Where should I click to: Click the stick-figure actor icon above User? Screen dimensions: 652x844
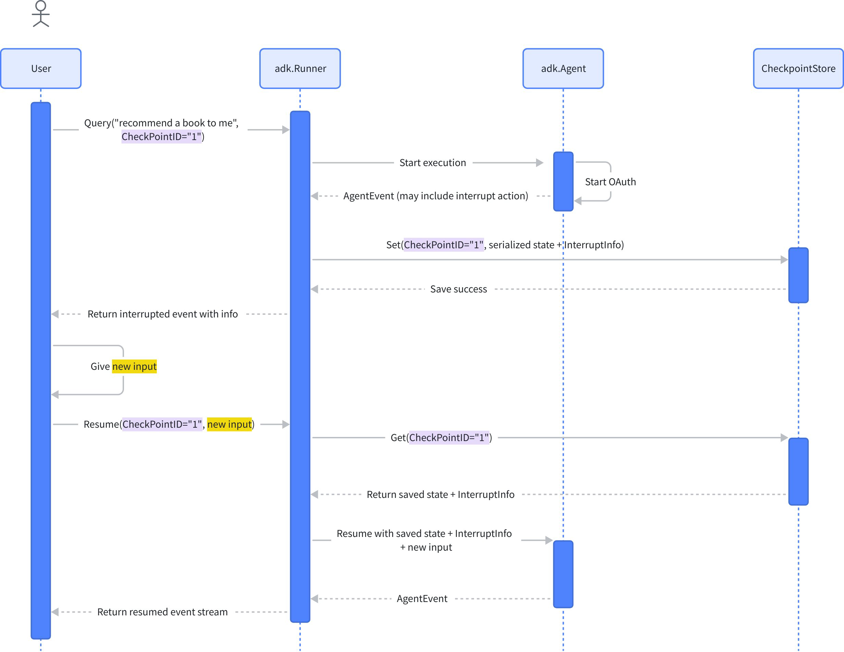coord(40,14)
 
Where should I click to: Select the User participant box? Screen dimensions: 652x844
coord(41,68)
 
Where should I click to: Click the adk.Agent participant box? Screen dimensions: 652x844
coord(563,68)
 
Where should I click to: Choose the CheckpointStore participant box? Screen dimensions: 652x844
coord(798,68)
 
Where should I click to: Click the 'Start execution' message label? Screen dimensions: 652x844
coord(432,163)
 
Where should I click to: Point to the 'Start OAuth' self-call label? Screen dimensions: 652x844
coord(610,182)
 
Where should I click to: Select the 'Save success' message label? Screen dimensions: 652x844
coord(458,289)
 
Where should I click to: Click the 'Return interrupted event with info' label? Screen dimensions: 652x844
coord(162,314)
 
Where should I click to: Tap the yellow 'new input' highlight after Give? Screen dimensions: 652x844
coord(134,366)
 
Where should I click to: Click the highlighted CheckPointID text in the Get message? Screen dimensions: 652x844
coord(449,438)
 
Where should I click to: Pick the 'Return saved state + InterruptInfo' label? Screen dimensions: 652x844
coord(440,494)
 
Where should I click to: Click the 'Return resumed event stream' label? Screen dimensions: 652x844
coord(162,612)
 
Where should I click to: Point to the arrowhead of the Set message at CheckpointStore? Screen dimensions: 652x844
coord(784,260)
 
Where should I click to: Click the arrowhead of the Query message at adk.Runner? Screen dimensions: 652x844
coord(286,130)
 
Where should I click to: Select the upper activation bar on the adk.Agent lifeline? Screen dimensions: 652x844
coord(563,181)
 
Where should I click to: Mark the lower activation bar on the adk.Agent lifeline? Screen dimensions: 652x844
coord(563,574)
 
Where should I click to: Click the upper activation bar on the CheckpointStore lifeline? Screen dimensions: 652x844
coord(798,275)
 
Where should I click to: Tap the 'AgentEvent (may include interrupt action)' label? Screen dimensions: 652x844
coord(435,196)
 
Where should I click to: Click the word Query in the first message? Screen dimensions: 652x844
coord(97,123)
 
